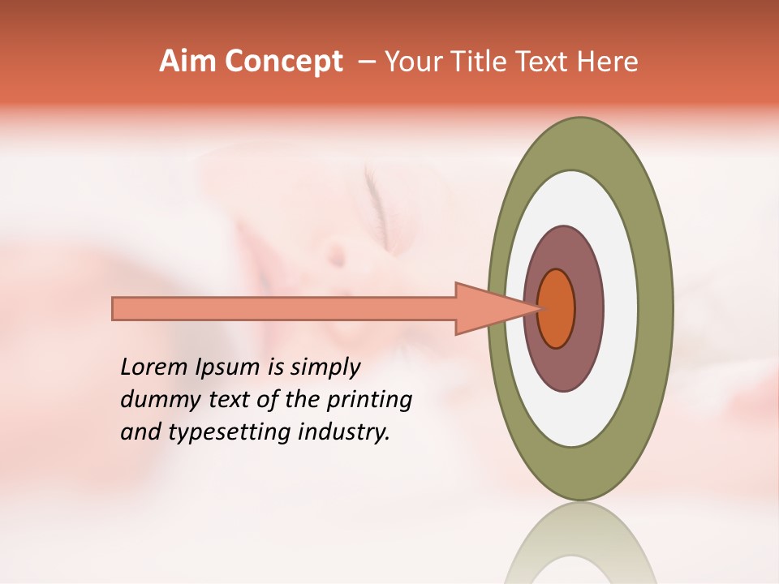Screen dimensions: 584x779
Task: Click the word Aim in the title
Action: point(188,62)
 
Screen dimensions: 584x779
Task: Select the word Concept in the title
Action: point(284,62)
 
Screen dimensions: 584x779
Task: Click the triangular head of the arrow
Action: point(487,308)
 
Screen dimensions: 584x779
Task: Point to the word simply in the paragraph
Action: point(325,368)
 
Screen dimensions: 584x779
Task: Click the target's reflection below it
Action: point(579,543)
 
